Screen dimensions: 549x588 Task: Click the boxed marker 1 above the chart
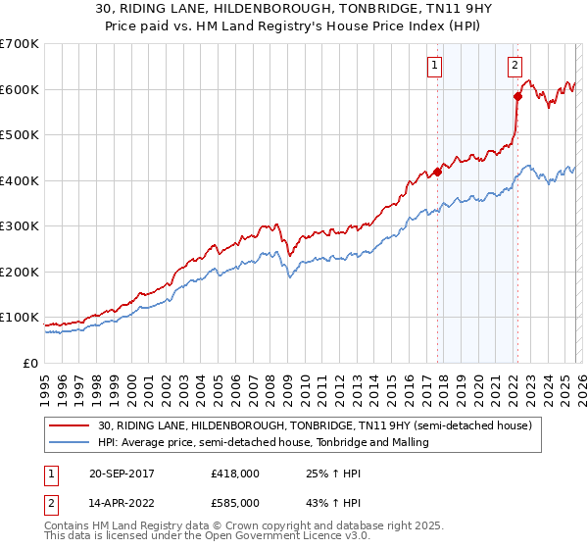[x=434, y=67]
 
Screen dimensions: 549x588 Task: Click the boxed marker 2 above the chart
[x=514, y=67]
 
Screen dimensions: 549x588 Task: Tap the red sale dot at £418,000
[x=437, y=173]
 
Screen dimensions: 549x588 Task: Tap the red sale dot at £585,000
[x=516, y=96]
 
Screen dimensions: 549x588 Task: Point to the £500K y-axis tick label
[x=20, y=135]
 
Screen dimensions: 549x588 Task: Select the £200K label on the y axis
[x=20, y=272]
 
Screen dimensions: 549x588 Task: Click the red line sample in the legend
[x=71, y=425]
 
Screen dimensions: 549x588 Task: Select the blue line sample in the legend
[x=71, y=443]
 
